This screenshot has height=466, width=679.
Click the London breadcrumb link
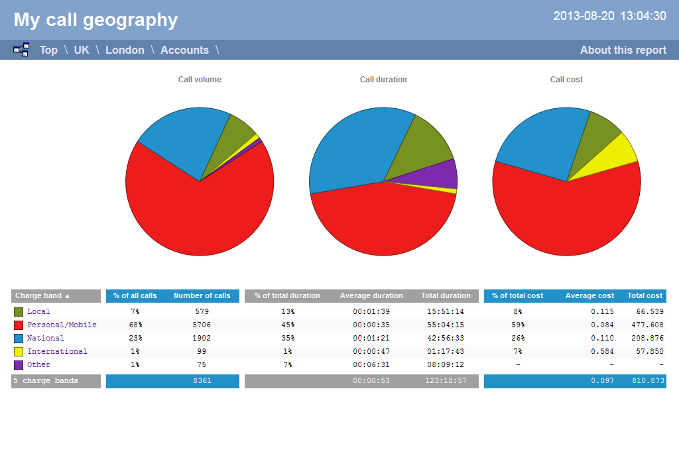pos(125,50)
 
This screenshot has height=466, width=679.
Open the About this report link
pos(623,50)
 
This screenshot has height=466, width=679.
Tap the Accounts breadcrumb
pos(184,50)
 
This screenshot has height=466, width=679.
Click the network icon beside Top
pos(21,50)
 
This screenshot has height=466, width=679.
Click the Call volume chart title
pos(200,80)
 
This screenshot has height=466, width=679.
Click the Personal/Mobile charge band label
pos(62,325)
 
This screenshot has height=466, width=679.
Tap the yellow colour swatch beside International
pos(19,351)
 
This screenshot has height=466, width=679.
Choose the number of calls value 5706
pos(202,325)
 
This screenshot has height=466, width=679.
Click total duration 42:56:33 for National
pos(446,338)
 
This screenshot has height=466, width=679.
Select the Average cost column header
pos(589,295)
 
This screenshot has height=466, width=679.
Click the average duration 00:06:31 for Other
pos(371,364)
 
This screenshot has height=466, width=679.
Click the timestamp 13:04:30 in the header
pos(643,16)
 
